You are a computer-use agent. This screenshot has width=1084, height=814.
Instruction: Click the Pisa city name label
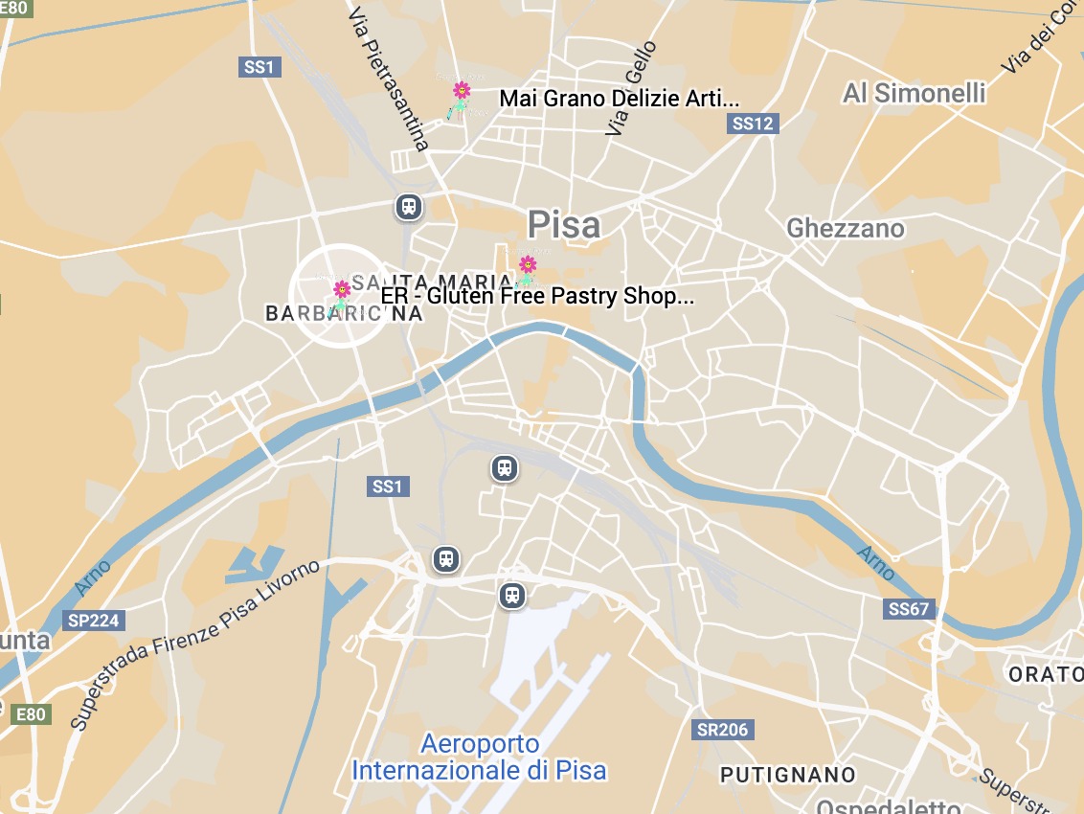pos(564,225)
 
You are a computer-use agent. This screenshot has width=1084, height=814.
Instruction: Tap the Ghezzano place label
pos(845,228)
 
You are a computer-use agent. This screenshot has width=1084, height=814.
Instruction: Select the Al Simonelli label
pos(914,93)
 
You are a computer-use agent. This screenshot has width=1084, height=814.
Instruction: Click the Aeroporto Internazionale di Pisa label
pos(480,757)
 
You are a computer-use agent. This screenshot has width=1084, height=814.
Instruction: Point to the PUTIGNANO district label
pos(787,774)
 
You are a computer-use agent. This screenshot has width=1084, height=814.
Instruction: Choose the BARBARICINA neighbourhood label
pos(343,313)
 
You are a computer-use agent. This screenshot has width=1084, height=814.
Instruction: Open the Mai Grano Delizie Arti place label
pos(620,99)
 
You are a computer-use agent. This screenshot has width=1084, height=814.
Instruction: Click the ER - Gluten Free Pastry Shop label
pos(537,296)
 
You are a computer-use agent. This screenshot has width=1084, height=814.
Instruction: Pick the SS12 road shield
pos(752,123)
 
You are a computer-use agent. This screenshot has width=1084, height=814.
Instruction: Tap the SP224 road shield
pos(94,621)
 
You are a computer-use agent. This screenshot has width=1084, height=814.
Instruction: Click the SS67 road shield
pos(908,608)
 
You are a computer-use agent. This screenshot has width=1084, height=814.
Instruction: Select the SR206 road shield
pos(722,730)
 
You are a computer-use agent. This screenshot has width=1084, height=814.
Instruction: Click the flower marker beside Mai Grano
pos(461,92)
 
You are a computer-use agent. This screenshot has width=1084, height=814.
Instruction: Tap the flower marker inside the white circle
pos(341,290)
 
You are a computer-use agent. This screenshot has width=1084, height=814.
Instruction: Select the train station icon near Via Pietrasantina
pos(409,206)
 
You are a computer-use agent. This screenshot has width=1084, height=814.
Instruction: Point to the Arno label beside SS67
pos(874,563)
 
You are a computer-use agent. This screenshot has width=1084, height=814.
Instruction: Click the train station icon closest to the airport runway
pos(512,595)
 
